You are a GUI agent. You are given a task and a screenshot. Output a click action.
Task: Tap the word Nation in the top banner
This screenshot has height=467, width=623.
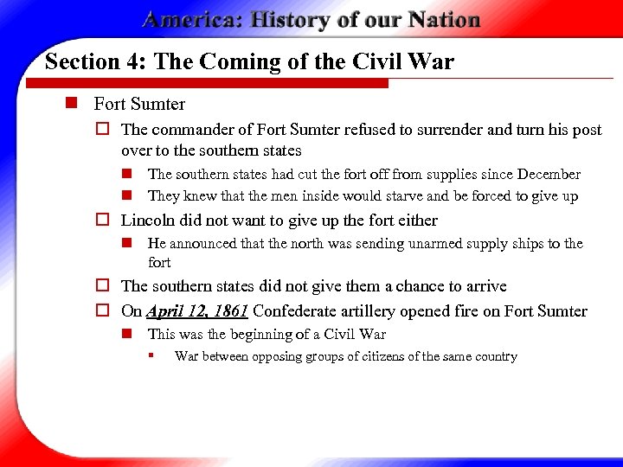(439, 20)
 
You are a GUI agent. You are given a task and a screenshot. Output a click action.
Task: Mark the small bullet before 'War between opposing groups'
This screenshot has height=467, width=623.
(151, 355)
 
